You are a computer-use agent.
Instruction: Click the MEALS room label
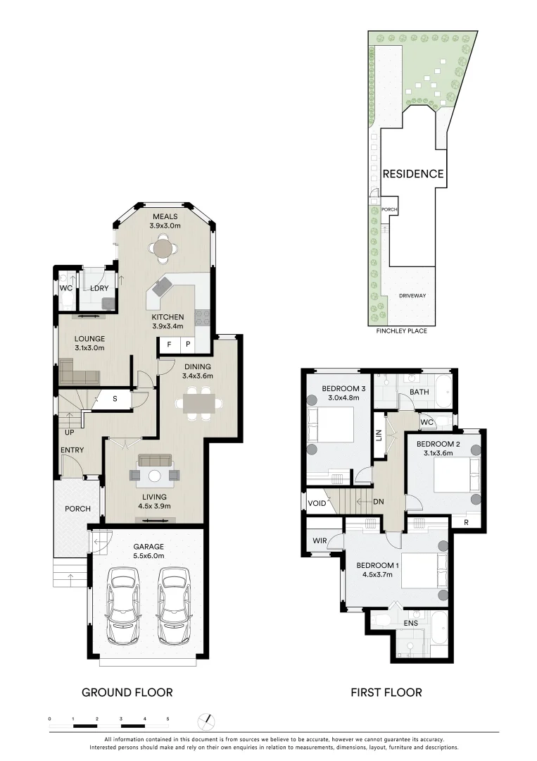[165, 216]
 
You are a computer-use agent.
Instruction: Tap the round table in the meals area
[163, 249]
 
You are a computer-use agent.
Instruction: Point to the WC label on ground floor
[65, 289]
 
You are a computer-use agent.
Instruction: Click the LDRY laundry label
[98, 289]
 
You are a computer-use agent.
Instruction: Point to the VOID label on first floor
[317, 503]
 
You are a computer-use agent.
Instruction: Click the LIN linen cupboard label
[379, 436]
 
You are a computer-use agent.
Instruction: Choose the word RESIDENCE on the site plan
[412, 174]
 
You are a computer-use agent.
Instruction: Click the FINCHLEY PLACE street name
[402, 330]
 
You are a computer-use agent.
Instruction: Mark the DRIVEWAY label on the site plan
[412, 296]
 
